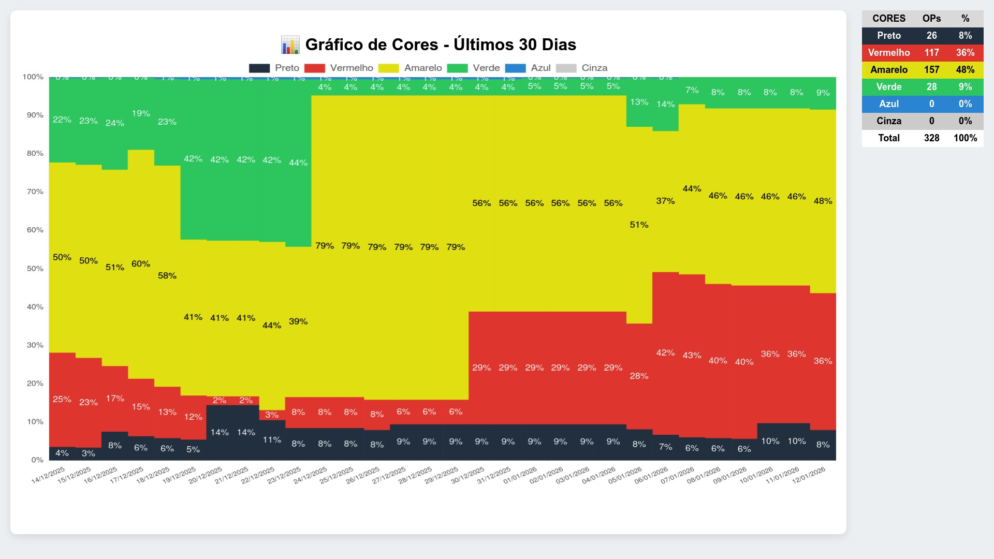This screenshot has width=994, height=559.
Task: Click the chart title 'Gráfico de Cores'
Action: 440,45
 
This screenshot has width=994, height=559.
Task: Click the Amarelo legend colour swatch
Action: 388,68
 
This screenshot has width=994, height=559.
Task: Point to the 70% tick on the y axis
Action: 35,192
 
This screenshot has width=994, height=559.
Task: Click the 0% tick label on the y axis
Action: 37,460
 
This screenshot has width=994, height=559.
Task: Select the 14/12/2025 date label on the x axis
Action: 48,475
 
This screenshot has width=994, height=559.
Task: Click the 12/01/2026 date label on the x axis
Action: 809,475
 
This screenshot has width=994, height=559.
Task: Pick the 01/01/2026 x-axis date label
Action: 520,475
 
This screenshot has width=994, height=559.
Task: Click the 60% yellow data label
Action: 141,264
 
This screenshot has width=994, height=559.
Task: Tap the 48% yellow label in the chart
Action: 823,201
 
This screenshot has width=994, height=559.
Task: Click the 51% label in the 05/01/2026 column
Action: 639,225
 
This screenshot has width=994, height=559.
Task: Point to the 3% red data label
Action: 272,415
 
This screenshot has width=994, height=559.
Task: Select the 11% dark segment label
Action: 272,440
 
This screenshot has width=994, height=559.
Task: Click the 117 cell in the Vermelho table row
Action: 931,53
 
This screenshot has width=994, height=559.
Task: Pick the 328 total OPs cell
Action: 931,138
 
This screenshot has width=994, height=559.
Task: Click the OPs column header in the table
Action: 931,19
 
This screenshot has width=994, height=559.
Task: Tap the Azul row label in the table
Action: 889,104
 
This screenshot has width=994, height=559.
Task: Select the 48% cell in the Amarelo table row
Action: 965,70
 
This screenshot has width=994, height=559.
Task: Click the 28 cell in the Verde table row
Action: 931,87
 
